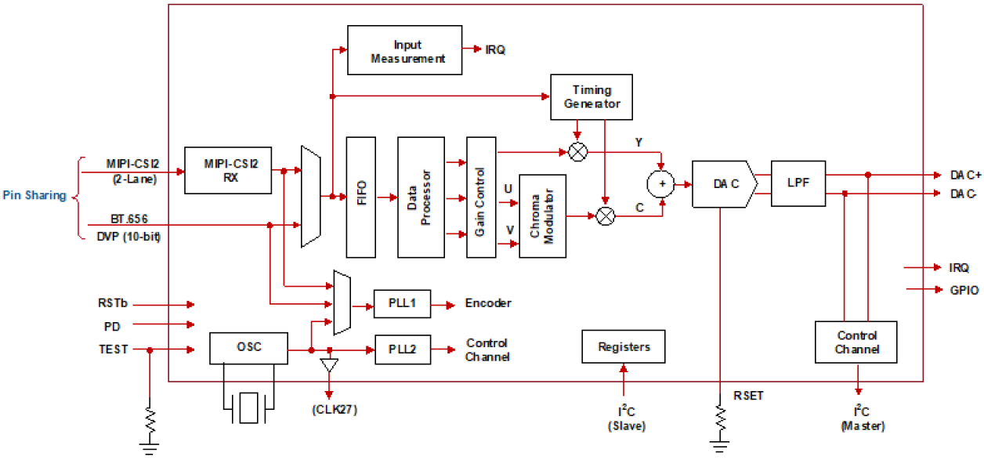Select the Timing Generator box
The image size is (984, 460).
click(591, 96)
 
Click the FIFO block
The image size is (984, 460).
click(362, 197)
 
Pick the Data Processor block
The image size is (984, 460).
click(421, 197)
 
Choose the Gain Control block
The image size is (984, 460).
click(481, 197)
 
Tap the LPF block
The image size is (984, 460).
click(798, 183)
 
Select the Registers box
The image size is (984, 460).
click(625, 346)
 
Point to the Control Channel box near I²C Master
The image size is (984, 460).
click(856, 342)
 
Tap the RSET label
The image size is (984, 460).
click(748, 396)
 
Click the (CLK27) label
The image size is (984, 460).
click(329, 408)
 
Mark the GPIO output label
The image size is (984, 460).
click(963, 289)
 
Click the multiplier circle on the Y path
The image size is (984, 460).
click(578, 152)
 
